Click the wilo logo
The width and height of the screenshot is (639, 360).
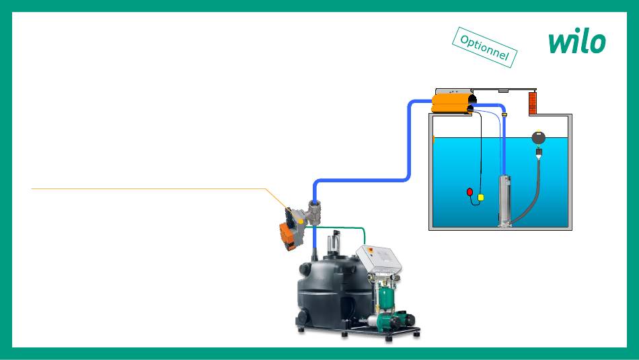[576, 42]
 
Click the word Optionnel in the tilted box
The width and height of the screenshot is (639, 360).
[484, 47]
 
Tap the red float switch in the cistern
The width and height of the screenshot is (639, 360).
[470, 192]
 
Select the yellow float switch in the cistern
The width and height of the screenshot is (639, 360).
[481, 197]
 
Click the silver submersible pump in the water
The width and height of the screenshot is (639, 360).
[504, 201]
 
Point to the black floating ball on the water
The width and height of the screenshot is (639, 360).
[538, 138]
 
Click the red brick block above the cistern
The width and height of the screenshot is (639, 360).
[533, 103]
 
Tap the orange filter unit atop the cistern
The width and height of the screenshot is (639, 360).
[451, 102]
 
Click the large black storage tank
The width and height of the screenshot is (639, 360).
[333, 289]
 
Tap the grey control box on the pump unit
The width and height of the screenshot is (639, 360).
[381, 258]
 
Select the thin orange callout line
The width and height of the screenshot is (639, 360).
[148, 189]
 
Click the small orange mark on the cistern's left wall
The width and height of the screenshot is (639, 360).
[434, 139]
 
